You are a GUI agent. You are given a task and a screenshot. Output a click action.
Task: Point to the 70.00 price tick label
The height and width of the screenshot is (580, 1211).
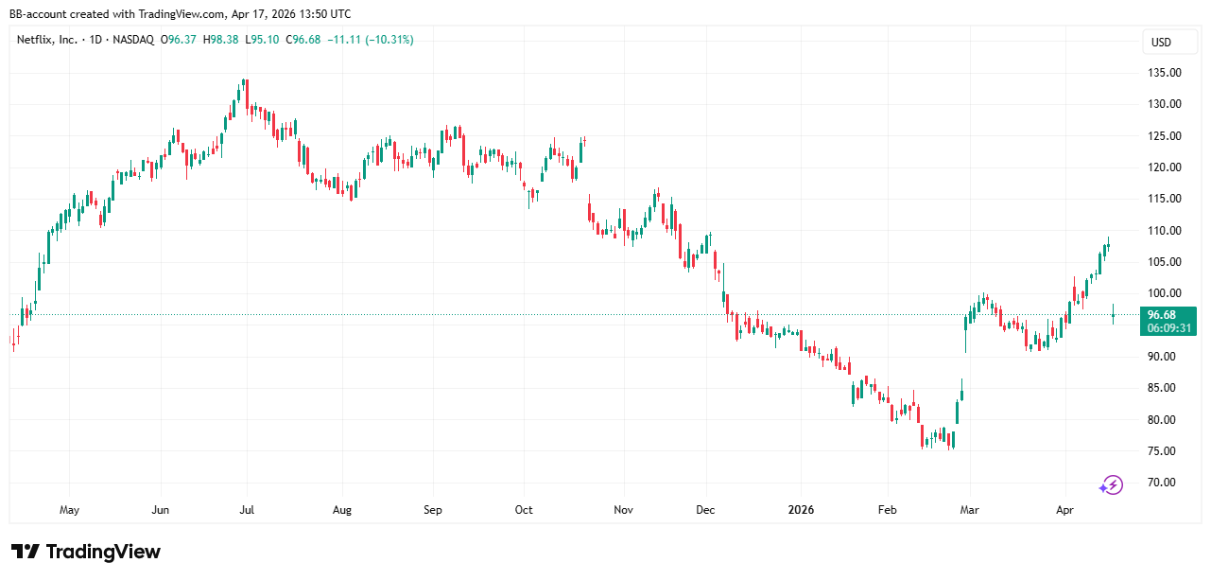point(1162,483)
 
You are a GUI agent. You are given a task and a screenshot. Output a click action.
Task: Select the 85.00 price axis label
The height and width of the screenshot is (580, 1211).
point(1162,388)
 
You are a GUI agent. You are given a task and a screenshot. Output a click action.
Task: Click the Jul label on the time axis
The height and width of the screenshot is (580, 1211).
point(247,510)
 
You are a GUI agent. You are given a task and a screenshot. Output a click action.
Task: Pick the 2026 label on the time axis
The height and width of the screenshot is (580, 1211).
point(800,510)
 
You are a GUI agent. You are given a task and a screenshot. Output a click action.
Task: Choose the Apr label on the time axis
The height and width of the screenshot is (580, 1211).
point(1065,510)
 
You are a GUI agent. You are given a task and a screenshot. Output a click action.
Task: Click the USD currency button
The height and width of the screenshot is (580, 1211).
point(1160,42)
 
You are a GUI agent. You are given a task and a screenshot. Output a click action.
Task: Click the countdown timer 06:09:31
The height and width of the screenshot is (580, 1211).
point(1168,327)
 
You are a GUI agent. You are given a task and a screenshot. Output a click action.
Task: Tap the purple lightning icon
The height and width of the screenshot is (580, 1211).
point(1110,485)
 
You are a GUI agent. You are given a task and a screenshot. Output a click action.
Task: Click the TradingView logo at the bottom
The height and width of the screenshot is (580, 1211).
point(86,552)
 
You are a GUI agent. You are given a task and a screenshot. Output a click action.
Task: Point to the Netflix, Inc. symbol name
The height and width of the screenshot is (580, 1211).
point(48,40)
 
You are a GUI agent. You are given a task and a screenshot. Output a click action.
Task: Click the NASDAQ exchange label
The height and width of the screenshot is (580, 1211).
point(134,40)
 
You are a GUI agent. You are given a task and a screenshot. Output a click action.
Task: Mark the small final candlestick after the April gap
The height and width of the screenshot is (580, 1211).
point(1114,314)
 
